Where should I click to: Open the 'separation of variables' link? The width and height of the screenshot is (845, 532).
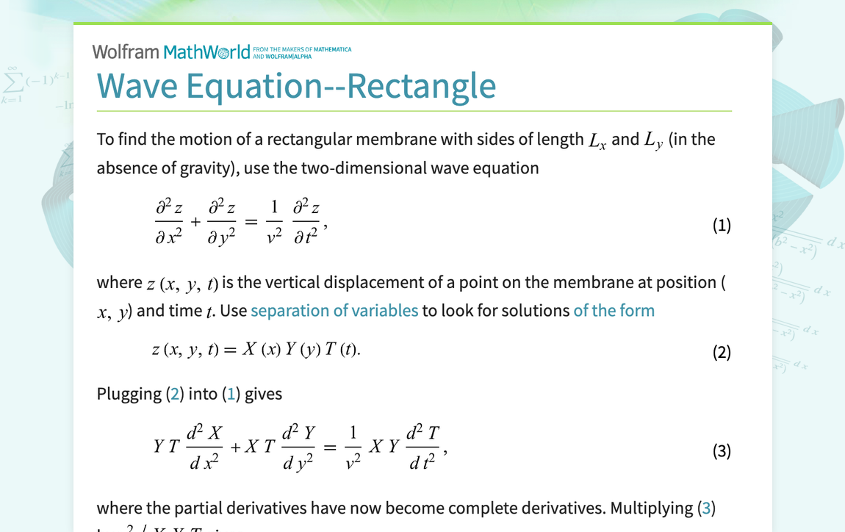pyautogui.click(x=334, y=310)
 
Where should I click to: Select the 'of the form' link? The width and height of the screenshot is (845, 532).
pyautogui.click(x=614, y=310)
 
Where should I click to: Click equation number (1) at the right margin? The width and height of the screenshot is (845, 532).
pyautogui.click(x=722, y=225)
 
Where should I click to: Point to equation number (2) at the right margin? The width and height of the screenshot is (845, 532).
pyautogui.click(x=722, y=352)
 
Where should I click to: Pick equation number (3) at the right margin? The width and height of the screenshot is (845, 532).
pyautogui.click(x=722, y=450)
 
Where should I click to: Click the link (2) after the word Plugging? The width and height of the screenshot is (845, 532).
pyautogui.click(x=174, y=394)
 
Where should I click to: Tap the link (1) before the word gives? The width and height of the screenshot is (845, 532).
pyautogui.click(x=231, y=394)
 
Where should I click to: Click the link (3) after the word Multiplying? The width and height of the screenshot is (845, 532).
pyautogui.click(x=706, y=508)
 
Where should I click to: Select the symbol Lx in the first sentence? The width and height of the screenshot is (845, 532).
pyautogui.click(x=597, y=140)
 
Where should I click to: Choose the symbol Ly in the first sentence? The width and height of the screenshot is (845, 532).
pyautogui.click(x=653, y=140)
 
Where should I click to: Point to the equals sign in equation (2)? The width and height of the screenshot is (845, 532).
pyautogui.click(x=230, y=351)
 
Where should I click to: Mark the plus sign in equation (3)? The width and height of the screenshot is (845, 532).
pyautogui.click(x=236, y=447)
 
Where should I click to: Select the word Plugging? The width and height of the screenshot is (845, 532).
pyautogui.click(x=129, y=394)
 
